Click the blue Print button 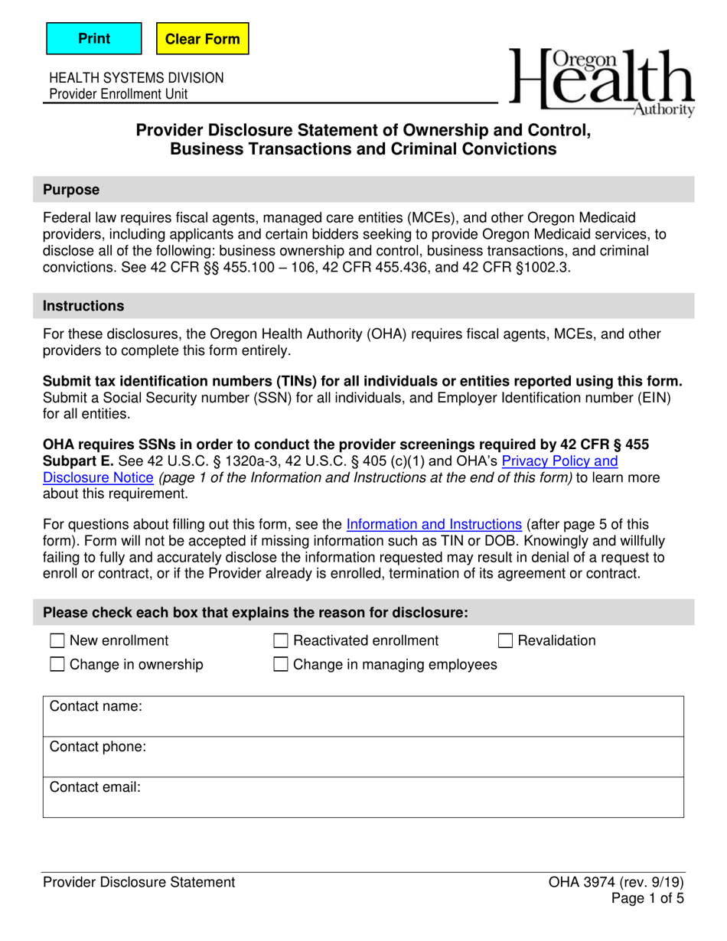tap(94, 38)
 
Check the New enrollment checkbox tap(57, 641)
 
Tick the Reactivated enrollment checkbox tap(282, 641)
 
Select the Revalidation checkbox tap(506, 641)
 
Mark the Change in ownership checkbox tap(57, 665)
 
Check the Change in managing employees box tap(282, 665)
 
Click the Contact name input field tap(413, 717)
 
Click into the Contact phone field tap(413, 757)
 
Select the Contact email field tap(413, 797)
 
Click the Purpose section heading tap(71, 189)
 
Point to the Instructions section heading tap(83, 306)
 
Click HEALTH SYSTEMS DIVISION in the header tap(136, 78)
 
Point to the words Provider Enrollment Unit tap(118, 94)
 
